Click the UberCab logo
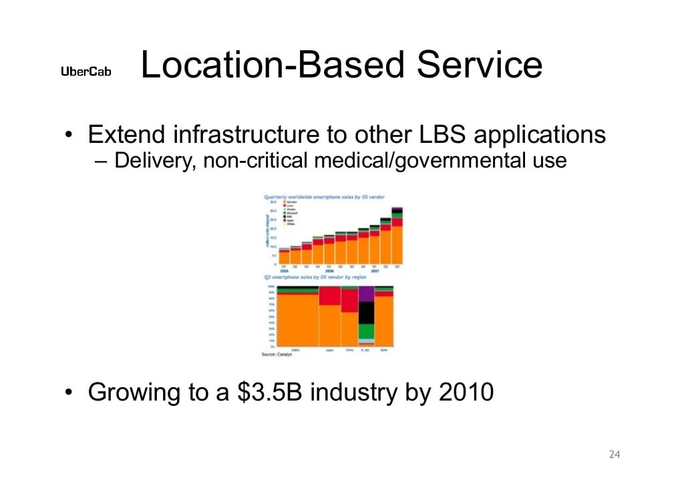[86, 72]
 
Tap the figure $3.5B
[271, 393]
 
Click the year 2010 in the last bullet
[466, 393]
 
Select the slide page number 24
[615, 455]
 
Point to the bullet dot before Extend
[68, 136]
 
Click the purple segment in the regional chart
[366, 294]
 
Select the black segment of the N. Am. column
[366, 312]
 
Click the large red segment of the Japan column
[330, 296]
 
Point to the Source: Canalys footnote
[277, 354]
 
